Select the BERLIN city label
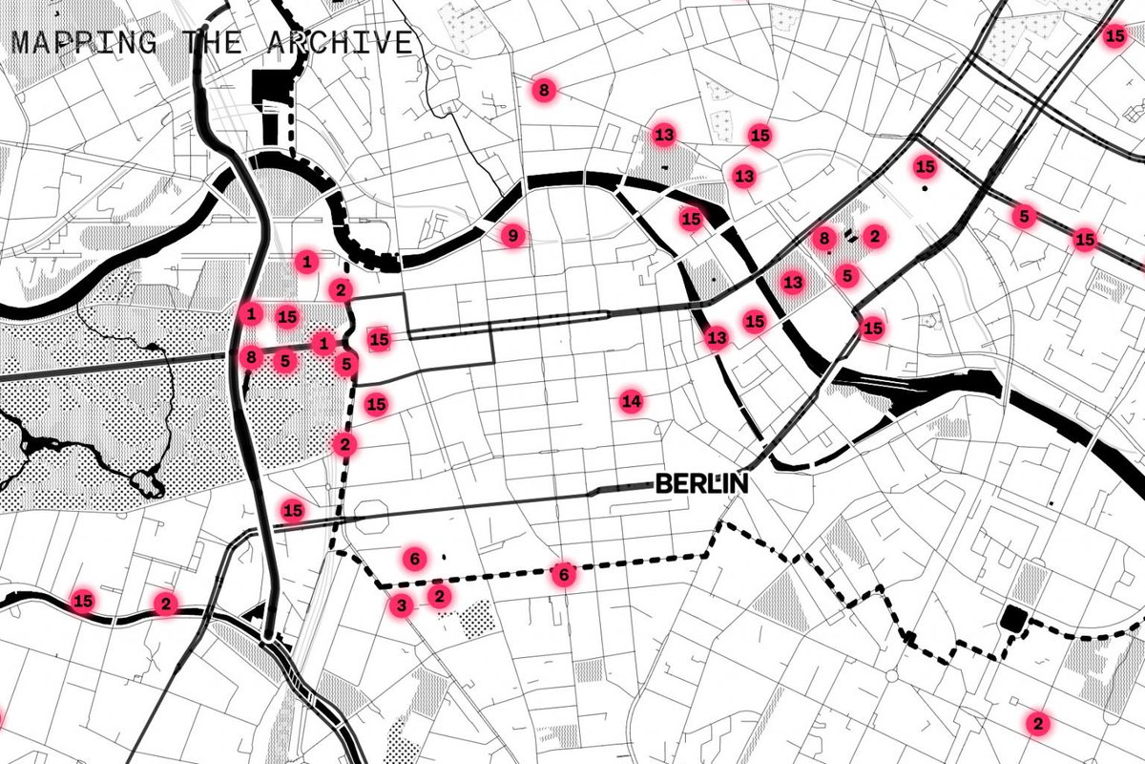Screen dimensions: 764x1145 pyautogui.click(x=701, y=484)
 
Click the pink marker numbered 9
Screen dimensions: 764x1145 pyautogui.click(x=512, y=236)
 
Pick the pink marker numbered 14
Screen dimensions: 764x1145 pyautogui.click(x=630, y=401)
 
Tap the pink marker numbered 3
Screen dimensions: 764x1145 pyautogui.click(x=401, y=605)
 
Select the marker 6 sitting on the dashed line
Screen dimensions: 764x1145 pyautogui.click(x=564, y=575)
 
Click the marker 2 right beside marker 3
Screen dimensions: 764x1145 pyautogui.click(x=438, y=597)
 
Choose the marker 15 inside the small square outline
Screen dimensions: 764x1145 pyautogui.click(x=380, y=338)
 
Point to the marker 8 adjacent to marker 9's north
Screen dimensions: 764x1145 pyautogui.click(x=543, y=91)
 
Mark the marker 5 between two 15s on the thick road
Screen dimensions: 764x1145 pyautogui.click(x=1024, y=216)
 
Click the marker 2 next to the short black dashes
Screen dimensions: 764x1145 pyautogui.click(x=874, y=235)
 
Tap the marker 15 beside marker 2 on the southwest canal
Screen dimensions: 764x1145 pyautogui.click(x=84, y=602)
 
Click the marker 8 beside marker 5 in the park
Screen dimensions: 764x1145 pyautogui.click(x=251, y=358)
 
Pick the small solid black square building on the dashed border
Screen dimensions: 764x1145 pyautogui.click(x=1010, y=619)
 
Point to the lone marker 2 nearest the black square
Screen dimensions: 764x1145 pyautogui.click(x=1038, y=723)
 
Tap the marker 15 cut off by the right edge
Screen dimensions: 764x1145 pyautogui.click(x=1114, y=37)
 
